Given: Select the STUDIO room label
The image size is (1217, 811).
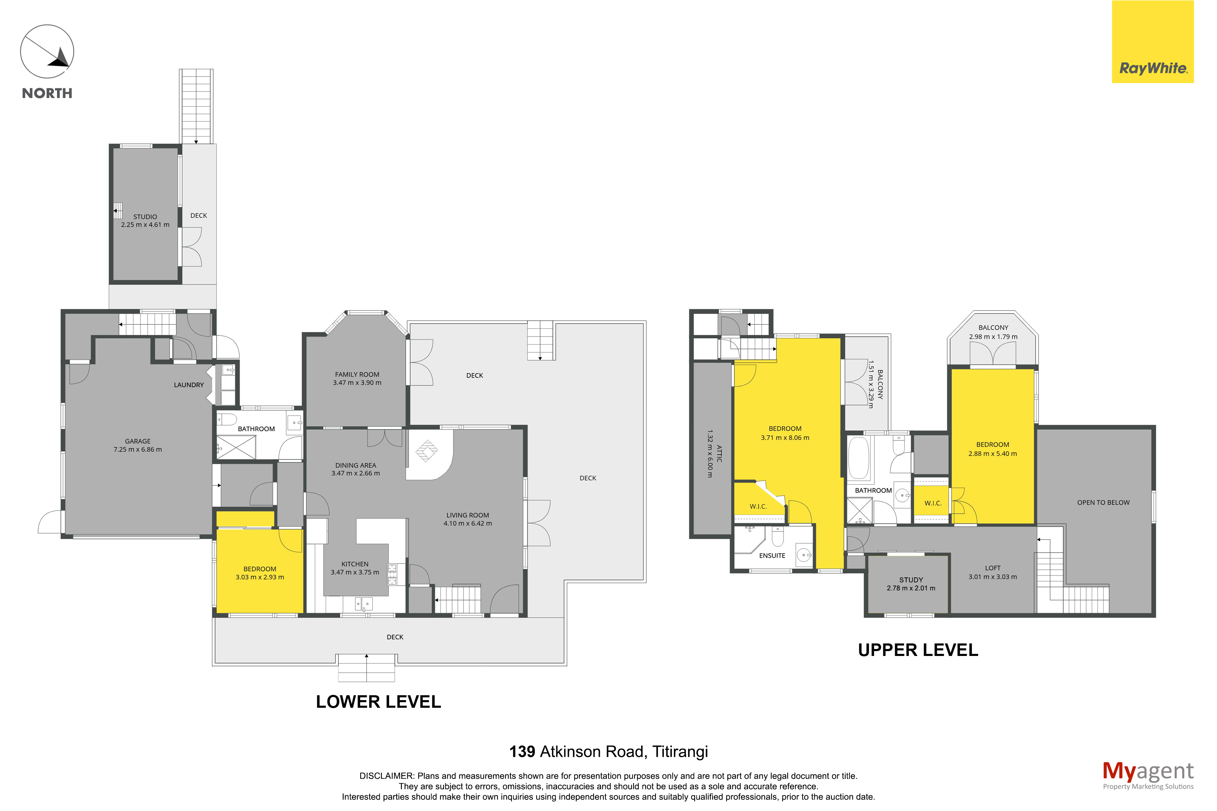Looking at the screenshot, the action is pyautogui.click(x=145, y=217).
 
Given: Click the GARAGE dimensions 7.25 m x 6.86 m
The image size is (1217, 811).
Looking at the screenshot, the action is pyautogui.click(x=138, y=449).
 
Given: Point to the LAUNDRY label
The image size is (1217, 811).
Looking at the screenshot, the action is pyautogui.click(x=189, y=385).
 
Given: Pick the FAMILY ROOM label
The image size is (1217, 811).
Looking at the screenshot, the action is pyautogui.click(x=357, y=374).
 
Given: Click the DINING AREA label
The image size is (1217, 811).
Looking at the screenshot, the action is pyautogui.click(x=356, y=465).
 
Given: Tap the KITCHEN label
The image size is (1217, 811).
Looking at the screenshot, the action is pyautogui.click(x=355, y=564).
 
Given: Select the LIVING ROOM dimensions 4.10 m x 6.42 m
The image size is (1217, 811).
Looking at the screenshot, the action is pyautogui.click(x=468, y=524).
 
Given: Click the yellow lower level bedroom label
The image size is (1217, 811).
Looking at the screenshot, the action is pyautogui.click(x=260, y=569).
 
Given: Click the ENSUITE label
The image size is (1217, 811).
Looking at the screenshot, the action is pyautogui.click(x=772, y=555).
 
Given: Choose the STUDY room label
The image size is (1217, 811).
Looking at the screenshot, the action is pyautogui.click(x=911, y=580).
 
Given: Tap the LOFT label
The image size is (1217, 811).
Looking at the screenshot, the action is pyautogui.click(x=992, y=568).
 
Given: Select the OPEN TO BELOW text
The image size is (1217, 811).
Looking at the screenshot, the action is pyautogui.click(x=1103, y=502).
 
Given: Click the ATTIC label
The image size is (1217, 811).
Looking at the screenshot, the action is pyautogui.click(x=719, y=454).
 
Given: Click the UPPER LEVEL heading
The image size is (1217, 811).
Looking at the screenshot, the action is pyautogui.click(x=918, y=650).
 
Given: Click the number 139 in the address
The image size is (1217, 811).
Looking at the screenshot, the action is pyautogui.click(x=522, y=752).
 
